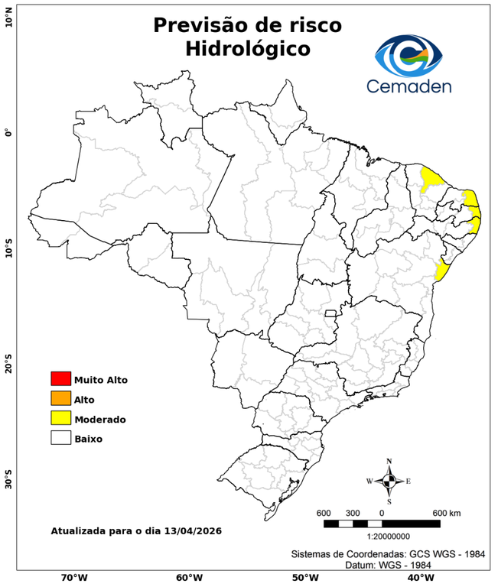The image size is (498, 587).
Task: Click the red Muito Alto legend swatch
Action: pyautogui.click(x=60, y=378)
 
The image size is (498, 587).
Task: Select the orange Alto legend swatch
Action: pyautogui.click(x=60, y=398)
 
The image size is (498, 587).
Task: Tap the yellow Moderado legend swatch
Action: pyautogui.click(x=60, y=418)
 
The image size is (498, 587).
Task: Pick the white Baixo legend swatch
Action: pyautogui.click(x=60, y=438)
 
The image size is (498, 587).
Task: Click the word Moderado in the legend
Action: pyautogui.click(x=100, y=419)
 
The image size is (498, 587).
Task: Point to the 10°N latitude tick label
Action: pyautogui.click(x=9, y=15)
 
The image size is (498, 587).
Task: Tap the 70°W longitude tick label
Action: pyautogui.click(x=73, y=577)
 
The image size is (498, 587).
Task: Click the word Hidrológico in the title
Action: pyautogui.click(x=247, y=49)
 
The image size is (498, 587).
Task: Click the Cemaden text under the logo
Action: pyautogui.click(x=409, y=86)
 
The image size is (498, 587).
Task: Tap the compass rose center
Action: pyautogui.click(x=389, y=481)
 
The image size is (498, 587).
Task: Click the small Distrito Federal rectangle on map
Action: pyautogui.click(x=331, y=313)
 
